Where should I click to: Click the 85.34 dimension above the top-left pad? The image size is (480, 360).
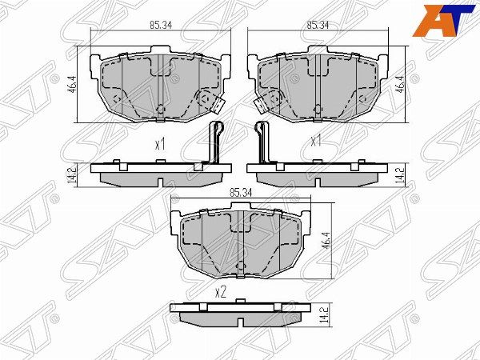(161, 25)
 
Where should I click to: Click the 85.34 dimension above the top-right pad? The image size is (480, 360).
(318, 25)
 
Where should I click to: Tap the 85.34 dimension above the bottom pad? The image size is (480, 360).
(240, 193)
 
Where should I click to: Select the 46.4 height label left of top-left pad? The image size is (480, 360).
(72, 85)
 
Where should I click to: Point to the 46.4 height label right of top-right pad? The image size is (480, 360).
(402, 83)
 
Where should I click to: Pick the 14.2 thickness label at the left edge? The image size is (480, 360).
(71, 175)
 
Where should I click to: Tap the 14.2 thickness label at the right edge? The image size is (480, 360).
(400, 175)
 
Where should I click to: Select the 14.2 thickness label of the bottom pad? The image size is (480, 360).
(326, 314)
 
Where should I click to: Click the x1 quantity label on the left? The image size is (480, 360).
(160, 143)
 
